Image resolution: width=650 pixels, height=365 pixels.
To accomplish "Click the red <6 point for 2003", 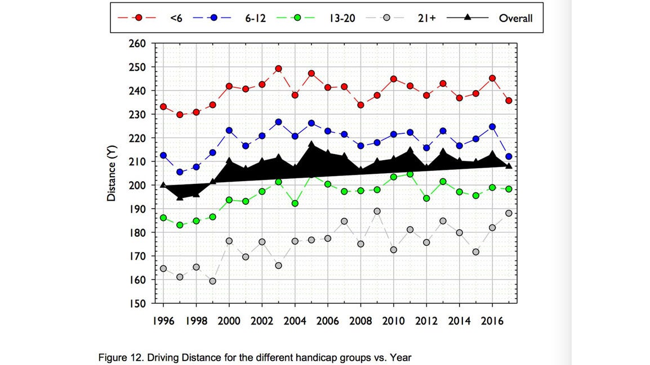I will (x=278, y=69).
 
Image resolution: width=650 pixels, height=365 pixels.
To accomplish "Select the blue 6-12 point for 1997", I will (x=180, y=172).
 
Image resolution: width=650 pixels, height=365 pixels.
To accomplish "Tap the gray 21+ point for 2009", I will (x=377, y=211).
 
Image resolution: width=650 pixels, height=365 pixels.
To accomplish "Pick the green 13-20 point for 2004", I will (x=295, y=204).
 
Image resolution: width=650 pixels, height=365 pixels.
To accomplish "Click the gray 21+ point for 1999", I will (x=212, y=281).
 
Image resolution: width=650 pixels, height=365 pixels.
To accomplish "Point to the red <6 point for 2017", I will (x=509, y=101).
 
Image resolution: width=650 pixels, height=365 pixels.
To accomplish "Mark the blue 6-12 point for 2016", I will (x=492, y=127).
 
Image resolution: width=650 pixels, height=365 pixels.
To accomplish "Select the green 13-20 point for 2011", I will (x=410, y=174).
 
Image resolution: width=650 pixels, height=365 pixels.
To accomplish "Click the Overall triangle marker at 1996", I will (x=163, y=185).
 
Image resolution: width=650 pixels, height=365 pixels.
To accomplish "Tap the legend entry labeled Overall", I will (x=515, y=18).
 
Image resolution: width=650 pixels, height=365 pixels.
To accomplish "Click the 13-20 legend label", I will (x=338, y=18).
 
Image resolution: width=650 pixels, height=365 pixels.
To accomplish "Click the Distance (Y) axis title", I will (x=112, y=173).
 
